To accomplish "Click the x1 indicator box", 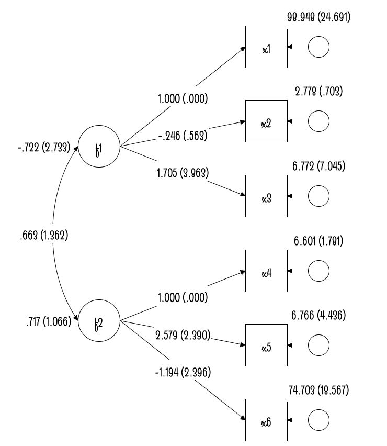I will [266, 47].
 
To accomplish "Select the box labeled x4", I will [266, 271].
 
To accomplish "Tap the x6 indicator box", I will [266, 420].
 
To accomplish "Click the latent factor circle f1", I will [98, 147].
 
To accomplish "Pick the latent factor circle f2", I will [98, 320].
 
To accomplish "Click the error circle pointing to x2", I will [318, 121].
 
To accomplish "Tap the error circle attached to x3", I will [318, 197].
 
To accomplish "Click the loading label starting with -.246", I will [183, 136].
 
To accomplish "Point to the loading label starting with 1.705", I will [183, 173].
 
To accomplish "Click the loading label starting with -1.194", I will [183, 373].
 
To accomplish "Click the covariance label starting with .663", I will [42, 235].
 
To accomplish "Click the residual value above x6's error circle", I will [318, 390].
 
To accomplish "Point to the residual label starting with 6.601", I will [318, 241].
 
